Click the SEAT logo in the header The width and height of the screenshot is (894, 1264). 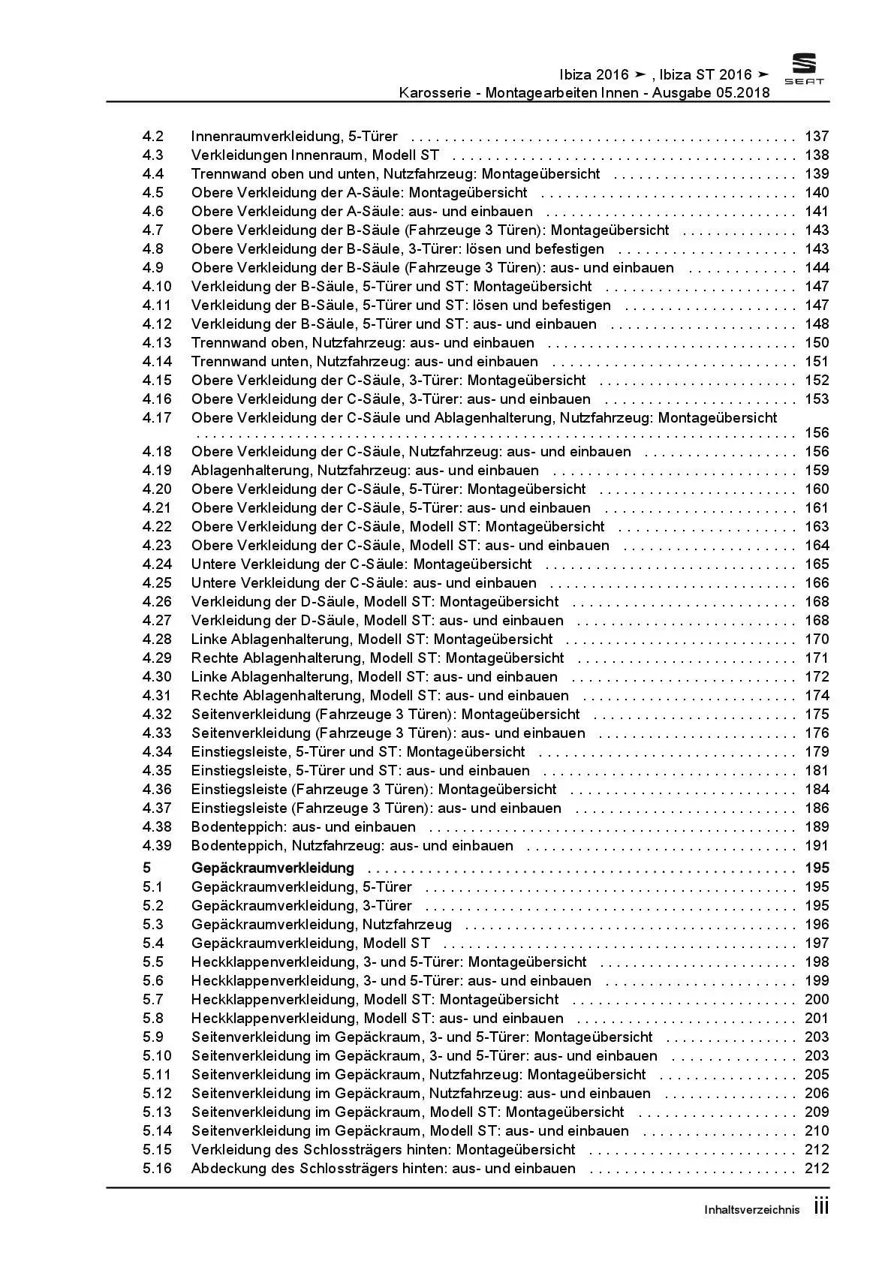coord(804,70)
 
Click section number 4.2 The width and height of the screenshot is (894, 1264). coord(153,137)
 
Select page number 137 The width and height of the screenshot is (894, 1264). coord(817,137)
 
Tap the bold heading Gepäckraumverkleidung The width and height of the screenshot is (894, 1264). coord(272,868)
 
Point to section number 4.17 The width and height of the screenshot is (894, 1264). coord(157,418)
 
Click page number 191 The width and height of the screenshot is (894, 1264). coord(817,846)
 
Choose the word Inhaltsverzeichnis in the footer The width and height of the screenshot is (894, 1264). coord(751,1210)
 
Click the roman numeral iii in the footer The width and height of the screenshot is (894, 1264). coord(821,1208)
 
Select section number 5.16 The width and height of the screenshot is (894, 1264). coord(157,1169)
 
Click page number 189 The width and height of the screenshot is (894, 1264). coord(817,827)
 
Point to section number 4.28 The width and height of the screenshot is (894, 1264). coord(157,640)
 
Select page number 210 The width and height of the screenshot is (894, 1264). coord(817,1131)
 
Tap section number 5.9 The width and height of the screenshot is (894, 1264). coord(153,1037)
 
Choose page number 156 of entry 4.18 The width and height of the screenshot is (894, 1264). coord(817,452)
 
